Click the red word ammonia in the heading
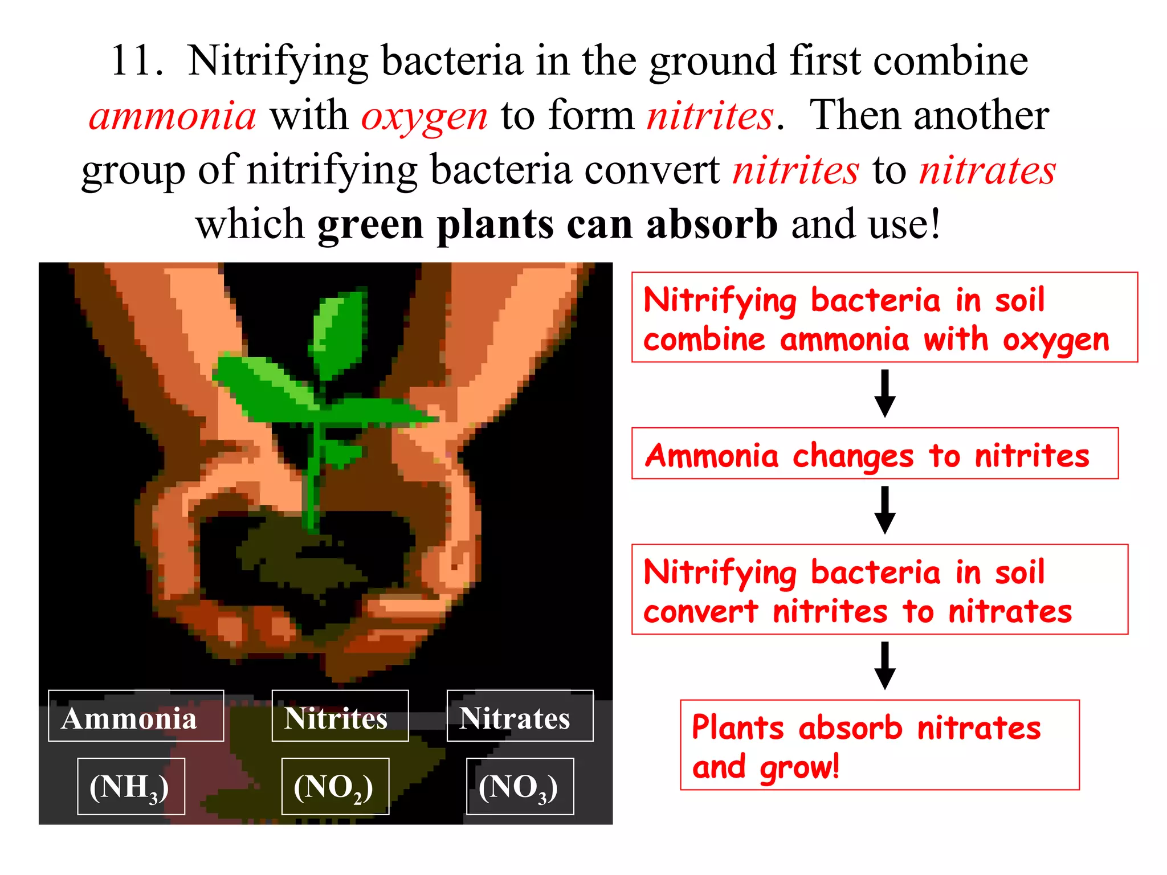click(x=173, y=116)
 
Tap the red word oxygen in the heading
click(x=425, y=116)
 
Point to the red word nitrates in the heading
click(x=988, y=170)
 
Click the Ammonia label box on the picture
click(x=136, y=716)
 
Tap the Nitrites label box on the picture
click(x=340, y=716)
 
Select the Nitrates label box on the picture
click(x=519, y=716)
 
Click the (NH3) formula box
click(x=130, y=786)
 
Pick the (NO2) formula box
click(x=335, y=786)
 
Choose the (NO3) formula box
click(x=519, y=786)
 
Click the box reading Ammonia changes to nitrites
click(x=874, y=453)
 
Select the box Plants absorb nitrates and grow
click(x=879, y=745)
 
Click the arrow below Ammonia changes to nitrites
click(x=884, y=510)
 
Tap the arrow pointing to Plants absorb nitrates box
click(x=884, y=666)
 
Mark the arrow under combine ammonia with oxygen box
click(x=884, y=394)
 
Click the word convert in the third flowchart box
click(x=700, y=612)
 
